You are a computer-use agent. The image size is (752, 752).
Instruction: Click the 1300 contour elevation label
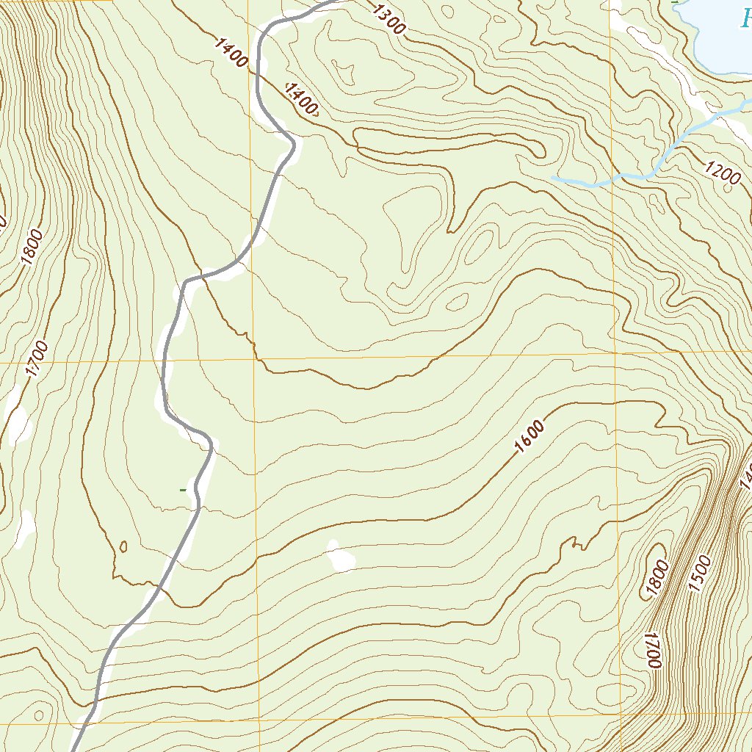click(388, 19)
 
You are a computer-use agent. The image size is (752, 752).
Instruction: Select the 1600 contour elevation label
click(529, 436)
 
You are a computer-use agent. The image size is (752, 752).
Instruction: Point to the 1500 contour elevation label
click(701, 574)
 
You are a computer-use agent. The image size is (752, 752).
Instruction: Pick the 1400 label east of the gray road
click(302, 100)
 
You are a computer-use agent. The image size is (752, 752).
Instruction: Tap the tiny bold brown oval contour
click(123, 546)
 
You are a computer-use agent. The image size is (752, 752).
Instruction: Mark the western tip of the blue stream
click(553, 178)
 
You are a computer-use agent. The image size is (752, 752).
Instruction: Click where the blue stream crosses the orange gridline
click(612, 178)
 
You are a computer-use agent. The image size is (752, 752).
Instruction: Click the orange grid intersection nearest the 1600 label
click(615, 353)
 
